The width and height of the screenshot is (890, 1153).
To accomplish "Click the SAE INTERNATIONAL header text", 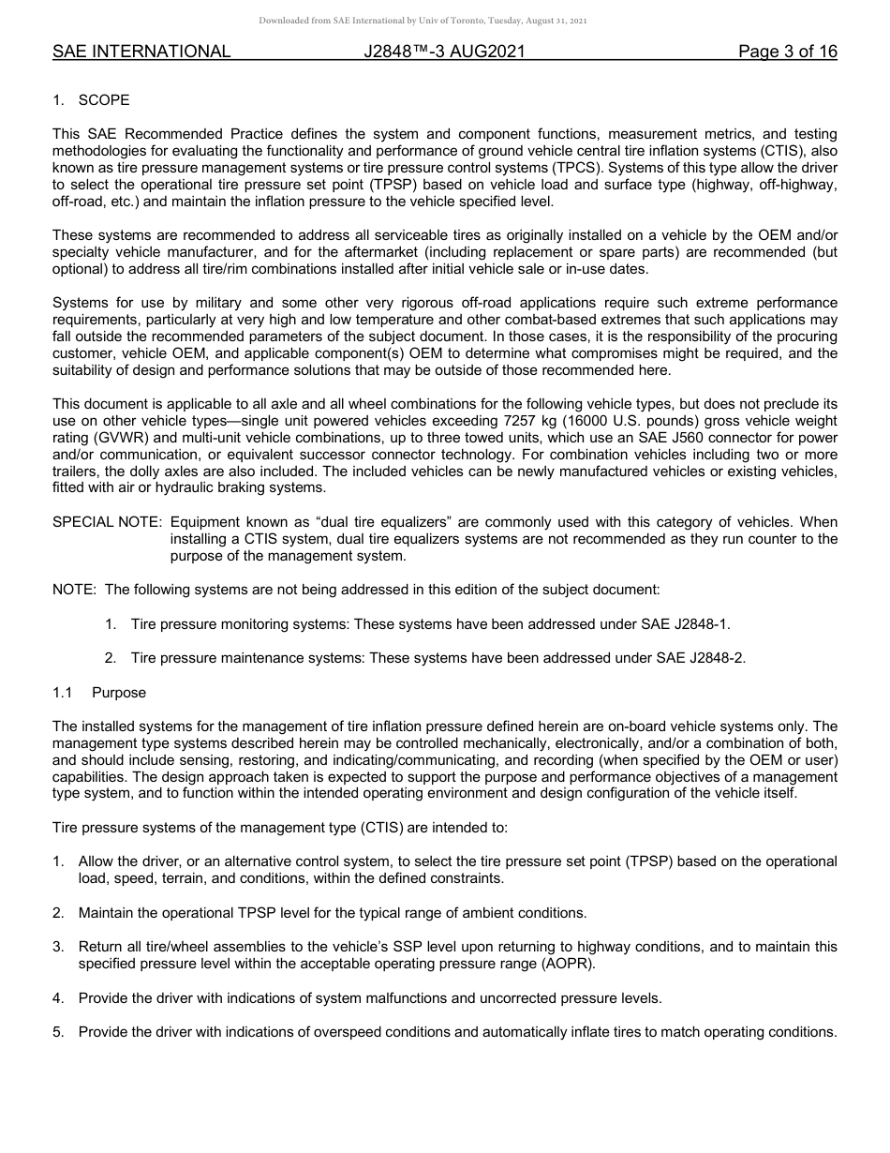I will pyautogui.click(x=141, y=52).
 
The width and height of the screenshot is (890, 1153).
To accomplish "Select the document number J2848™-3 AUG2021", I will pyautogui.click(x=444, y=52).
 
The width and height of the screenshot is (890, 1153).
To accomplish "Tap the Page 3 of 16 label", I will pyautogui.click(x=787, y=52).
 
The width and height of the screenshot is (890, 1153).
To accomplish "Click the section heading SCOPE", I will pyautogui.click(x=104, y=100).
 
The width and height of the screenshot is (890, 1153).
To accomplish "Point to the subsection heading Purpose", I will pyautogui.click(x=119, y=693).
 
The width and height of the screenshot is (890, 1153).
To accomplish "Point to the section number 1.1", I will pyautogui.click(x=62, y=693).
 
